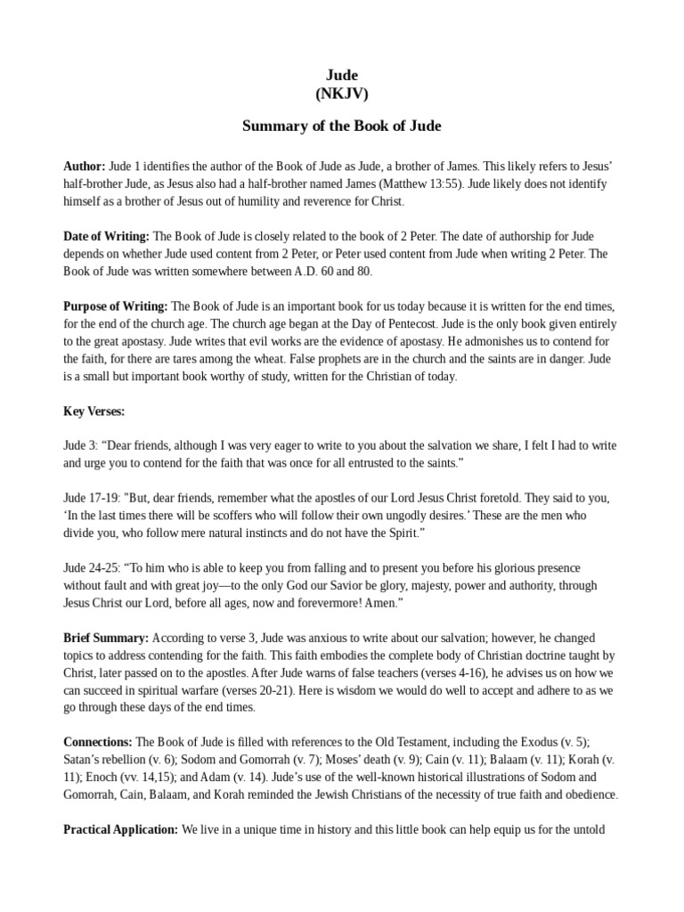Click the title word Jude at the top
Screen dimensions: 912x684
click(x=342, y=76)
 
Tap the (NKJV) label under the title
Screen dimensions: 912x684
click(x=342, y=93)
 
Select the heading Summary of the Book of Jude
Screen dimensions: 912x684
click(x=342, y=126)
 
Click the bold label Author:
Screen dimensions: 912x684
click(x=85, y=167)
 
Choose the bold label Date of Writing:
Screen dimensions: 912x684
click(x=107, y=236)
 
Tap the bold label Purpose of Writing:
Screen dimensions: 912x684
click(x=116, y=306)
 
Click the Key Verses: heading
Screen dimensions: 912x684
click(x=94, y=411)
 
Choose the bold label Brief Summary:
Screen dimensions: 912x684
click(x=106, y=639)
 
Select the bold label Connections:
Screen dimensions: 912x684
click(x=98, y=742)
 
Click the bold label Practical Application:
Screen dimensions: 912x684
click(x=121, y=829)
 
